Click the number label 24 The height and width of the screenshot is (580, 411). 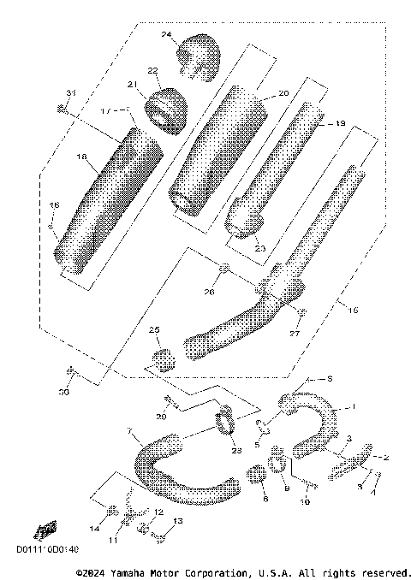click(x=167, y=35)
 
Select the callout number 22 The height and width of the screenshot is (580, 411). click(x=152, y=70)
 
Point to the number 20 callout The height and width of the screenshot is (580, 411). click(x=283, y=92)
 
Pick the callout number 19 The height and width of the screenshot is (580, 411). click(x=339, y=124)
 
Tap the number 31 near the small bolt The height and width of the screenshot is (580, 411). click(x=71, y=92)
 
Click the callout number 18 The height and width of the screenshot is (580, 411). click(x=82, y=157)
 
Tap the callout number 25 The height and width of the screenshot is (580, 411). click(x=155, y=329)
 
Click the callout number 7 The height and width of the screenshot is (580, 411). click(x=129, y=429)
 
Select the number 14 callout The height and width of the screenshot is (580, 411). click(x=93, y=530)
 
